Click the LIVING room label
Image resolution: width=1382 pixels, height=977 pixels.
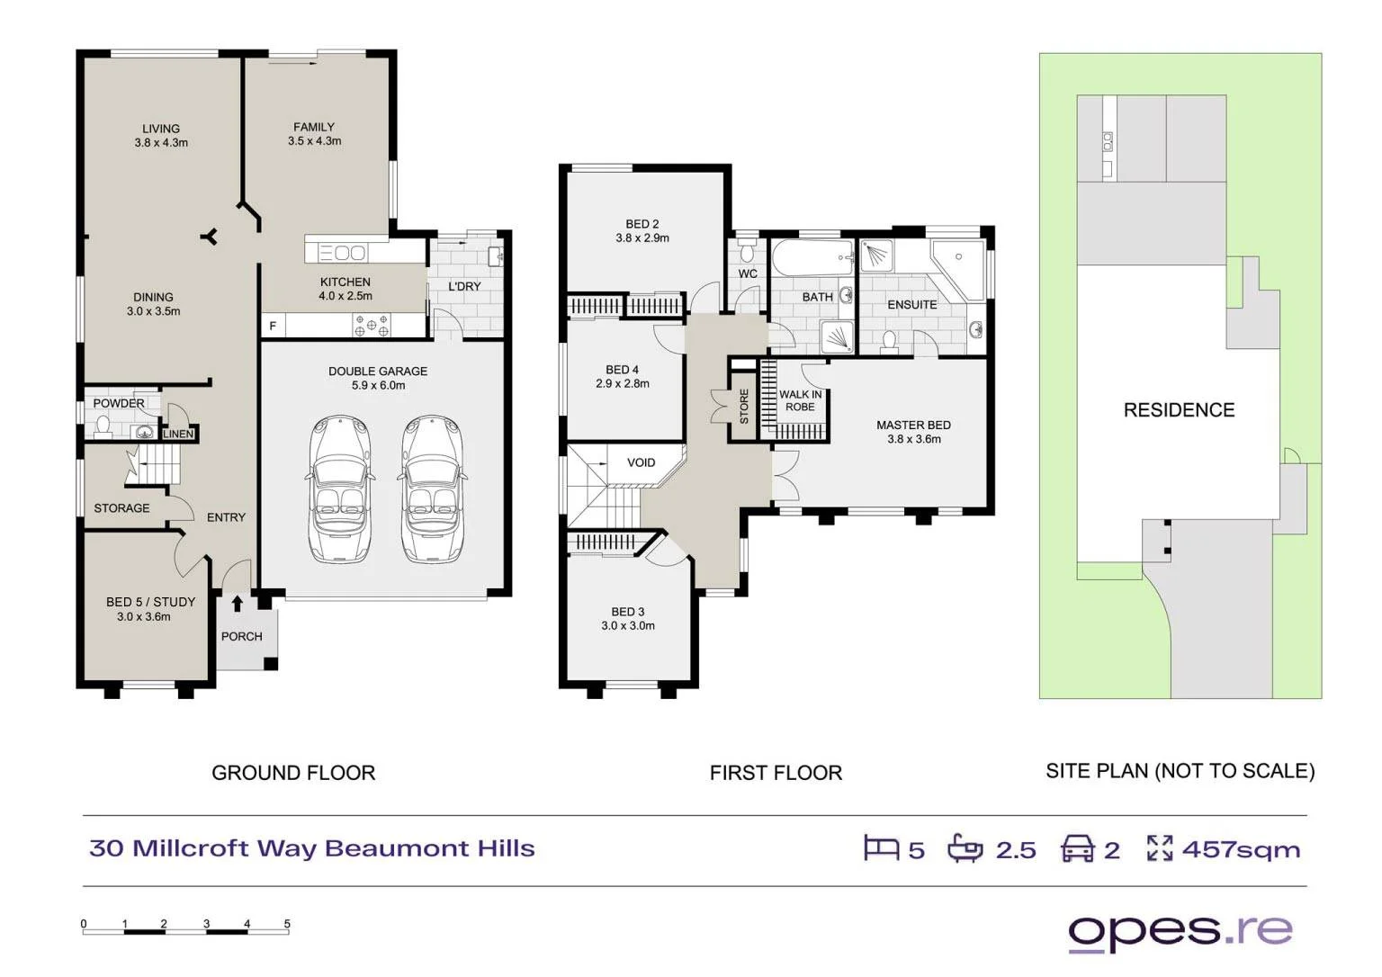(161, 129)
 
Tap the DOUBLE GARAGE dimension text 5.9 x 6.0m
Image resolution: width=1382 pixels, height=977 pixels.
(378, 386)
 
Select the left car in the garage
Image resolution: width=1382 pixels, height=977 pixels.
(340, 489)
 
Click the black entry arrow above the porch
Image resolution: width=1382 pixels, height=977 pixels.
(237, 603)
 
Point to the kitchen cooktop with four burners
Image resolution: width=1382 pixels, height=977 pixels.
(371, 325)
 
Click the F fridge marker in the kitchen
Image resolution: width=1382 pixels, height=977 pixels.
(272, 326)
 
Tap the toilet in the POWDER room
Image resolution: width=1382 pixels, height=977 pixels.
(103, 426)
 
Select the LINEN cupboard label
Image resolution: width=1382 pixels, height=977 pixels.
(178, 435)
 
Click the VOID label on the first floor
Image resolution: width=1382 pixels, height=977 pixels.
(641, 462)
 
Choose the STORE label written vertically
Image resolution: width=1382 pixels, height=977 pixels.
(744, 406)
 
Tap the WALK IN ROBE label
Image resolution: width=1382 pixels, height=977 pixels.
(800, 400)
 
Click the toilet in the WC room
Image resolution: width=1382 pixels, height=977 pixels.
(747, 252)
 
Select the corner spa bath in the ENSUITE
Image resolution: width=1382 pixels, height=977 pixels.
(959, 270)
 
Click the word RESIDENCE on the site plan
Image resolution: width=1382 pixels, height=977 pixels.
(1179, 410)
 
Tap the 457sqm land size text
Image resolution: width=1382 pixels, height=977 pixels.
(1242, 849)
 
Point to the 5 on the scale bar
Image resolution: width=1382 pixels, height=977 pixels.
(287, 924)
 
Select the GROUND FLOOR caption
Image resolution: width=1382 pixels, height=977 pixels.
(293, 773)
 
